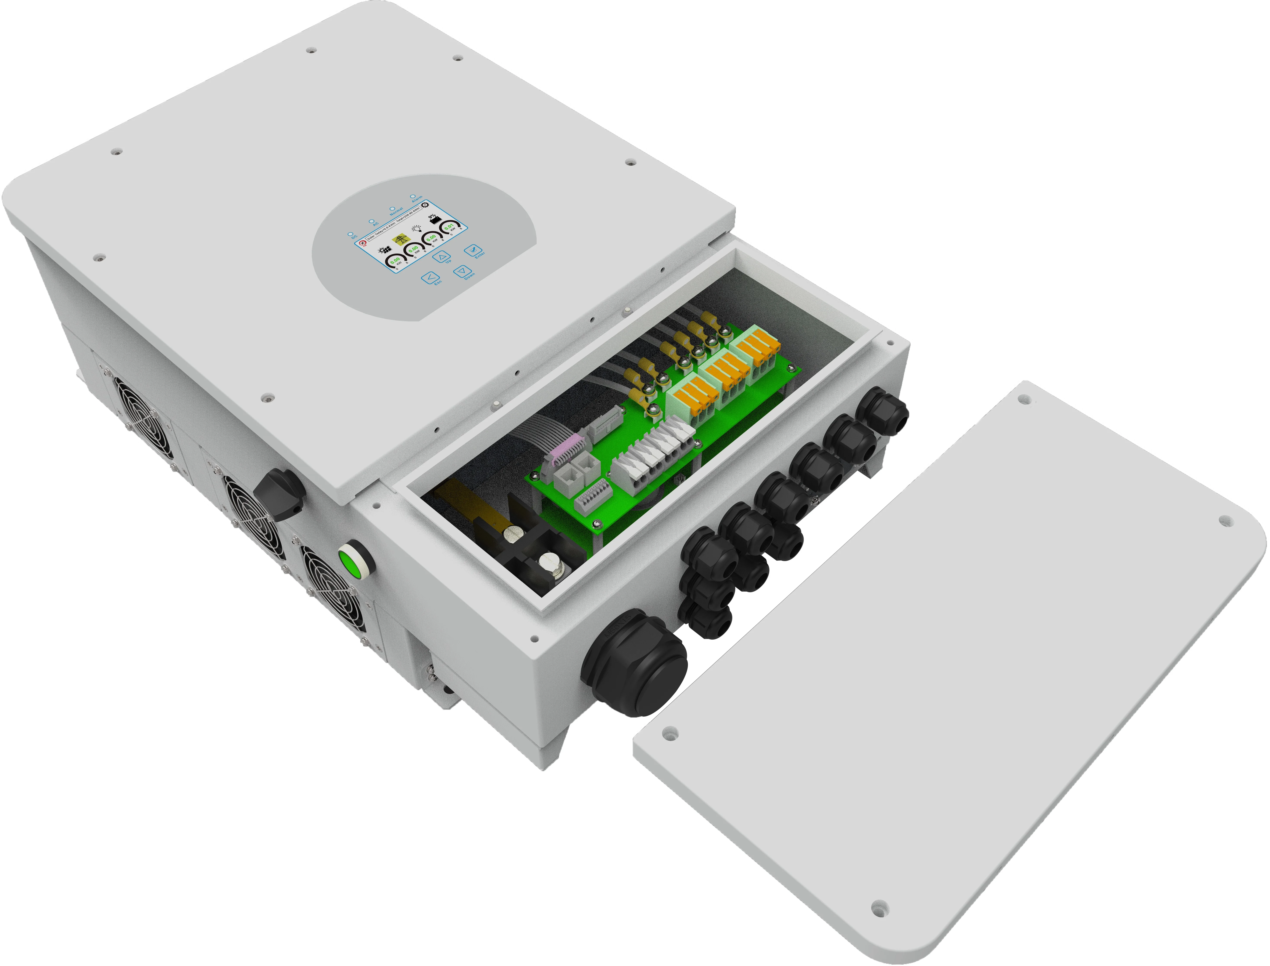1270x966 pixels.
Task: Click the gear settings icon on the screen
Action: [x=425, y=205]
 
